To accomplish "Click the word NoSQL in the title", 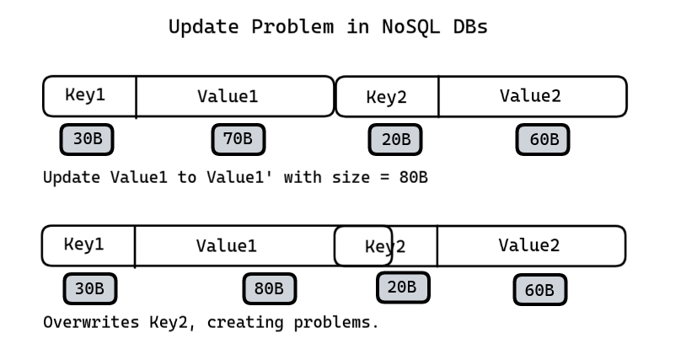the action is pos(410,27).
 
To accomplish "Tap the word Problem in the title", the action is pos(292,27).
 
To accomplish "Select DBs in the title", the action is pos(470,27).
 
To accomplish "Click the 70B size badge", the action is pos(239,139).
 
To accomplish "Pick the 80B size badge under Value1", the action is pos(270,289).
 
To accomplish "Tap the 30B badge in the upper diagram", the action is pos(87,139).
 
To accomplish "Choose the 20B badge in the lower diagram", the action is pos(403,287).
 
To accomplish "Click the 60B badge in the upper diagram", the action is pos(543,139).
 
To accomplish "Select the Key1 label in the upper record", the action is pos(85,94).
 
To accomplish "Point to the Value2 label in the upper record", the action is pos(530,95).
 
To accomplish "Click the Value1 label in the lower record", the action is pos(226,246).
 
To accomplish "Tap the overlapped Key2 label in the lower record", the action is pos(385,247).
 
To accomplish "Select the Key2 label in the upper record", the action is pos(387,97).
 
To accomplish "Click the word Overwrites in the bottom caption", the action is pos(91,322).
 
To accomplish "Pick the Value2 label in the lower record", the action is pos(529,245).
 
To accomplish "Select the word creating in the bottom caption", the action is pos(245,323).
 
